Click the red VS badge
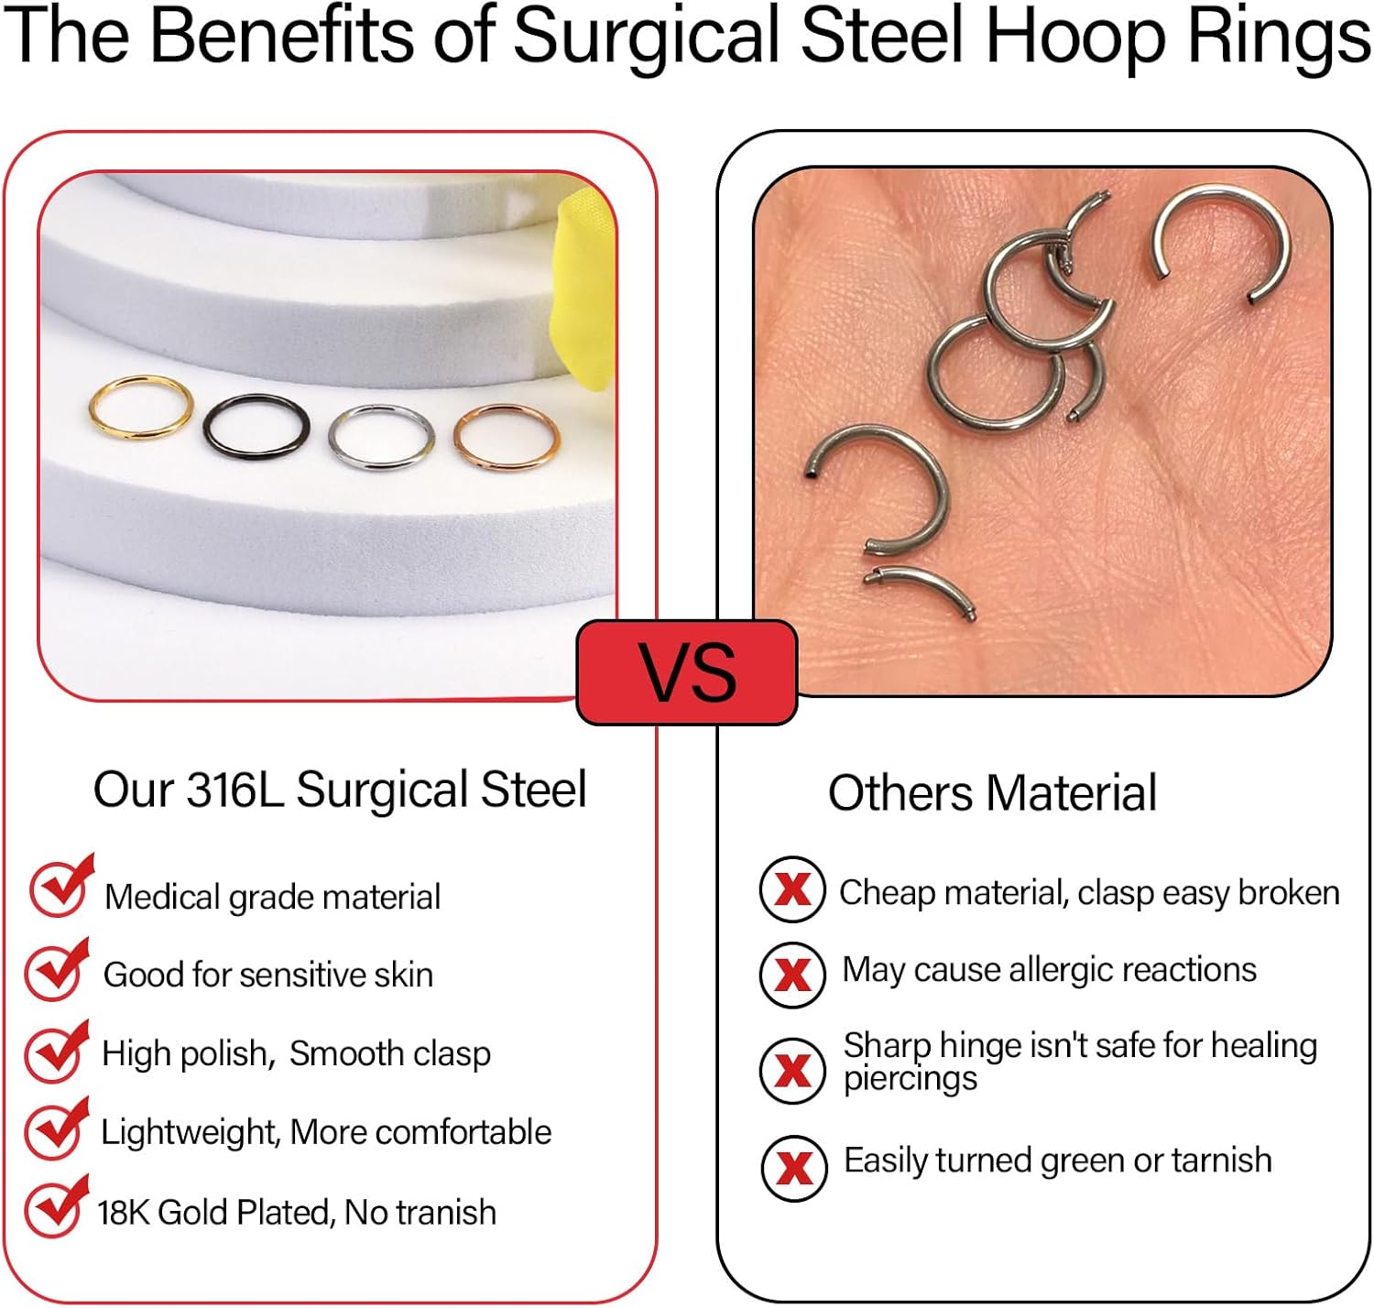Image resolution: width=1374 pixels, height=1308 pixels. coord(687,672)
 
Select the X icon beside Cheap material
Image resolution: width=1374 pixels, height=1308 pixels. coord(792,888)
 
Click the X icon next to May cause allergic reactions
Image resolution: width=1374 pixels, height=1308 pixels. coord(792,974)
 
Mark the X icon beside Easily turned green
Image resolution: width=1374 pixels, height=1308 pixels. coord(794,1167)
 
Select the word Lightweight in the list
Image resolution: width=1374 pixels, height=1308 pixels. coord(189,1133)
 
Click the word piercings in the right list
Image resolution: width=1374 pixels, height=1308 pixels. coord(911,1080)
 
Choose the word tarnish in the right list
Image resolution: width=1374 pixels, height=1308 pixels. coord(1221,1161)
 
